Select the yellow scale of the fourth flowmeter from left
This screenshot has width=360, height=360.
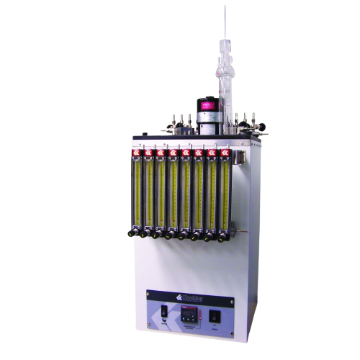(x=173, y=191)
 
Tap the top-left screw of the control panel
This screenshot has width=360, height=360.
(x=148, y=292)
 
